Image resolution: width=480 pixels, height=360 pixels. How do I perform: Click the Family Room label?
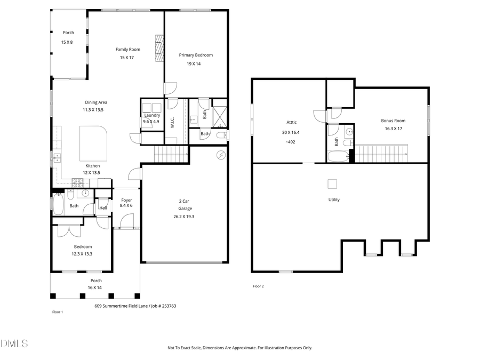[x=128, y=50]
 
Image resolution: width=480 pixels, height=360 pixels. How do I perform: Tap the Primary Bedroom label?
[x=196, y=55]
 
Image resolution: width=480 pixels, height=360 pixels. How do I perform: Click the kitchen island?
[x=93, y=139]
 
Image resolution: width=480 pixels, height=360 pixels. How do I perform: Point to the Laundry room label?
[x=151, y=115]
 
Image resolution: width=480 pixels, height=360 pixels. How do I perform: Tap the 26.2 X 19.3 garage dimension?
[x=183, y=217]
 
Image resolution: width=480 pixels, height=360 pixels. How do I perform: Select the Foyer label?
[x=126, y=200]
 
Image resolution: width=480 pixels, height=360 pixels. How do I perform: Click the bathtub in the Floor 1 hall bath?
[x=57, y=204]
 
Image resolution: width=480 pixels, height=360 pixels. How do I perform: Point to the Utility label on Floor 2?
[x=334, y=200]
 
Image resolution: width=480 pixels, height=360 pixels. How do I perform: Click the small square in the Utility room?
[x=332, y=184]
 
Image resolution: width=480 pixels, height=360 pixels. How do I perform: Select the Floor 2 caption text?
[x=258, y=286]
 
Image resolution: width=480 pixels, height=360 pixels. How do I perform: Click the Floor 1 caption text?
[x=57, y=312]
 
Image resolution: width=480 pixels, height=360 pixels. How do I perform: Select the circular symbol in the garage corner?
[x=220, y=155]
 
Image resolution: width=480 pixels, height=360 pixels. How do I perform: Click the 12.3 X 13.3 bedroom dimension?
[x=83, y=254]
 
